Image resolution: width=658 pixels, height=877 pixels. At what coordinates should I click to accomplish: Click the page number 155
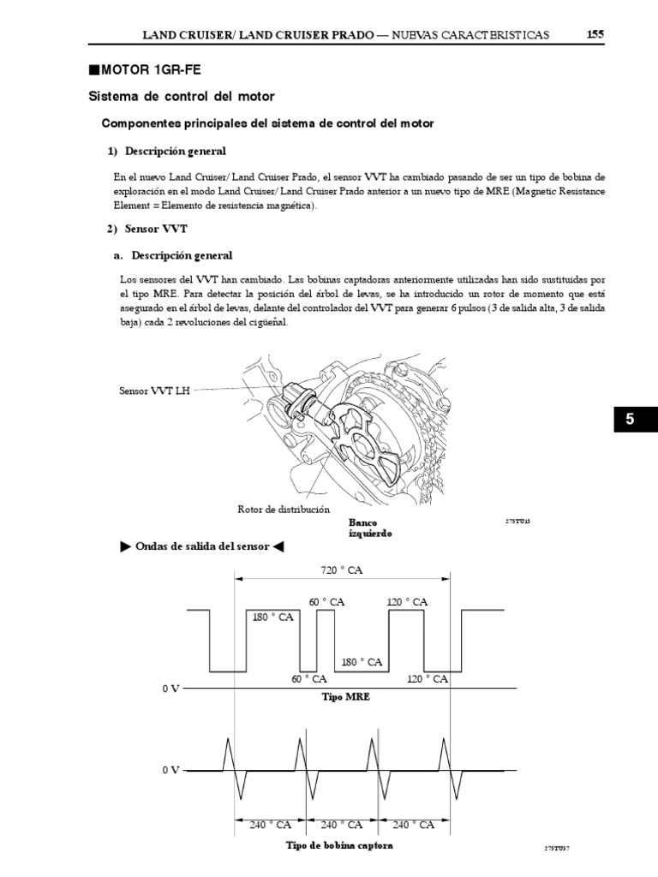(x=595, y=34)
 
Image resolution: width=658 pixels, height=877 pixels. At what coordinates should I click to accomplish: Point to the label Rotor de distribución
(x=283, y=509)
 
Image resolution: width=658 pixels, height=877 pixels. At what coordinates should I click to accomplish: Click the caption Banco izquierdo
(x=370, y=527)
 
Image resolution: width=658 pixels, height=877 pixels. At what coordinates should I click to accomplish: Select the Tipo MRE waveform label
(x=345, y=697)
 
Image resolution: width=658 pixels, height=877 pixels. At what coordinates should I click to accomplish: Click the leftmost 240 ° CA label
(x=271, y=826)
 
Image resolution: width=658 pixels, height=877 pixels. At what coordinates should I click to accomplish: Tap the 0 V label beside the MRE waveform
(x=170, y=689)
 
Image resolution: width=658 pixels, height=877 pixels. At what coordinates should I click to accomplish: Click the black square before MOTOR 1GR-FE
(x=94, y=69)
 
